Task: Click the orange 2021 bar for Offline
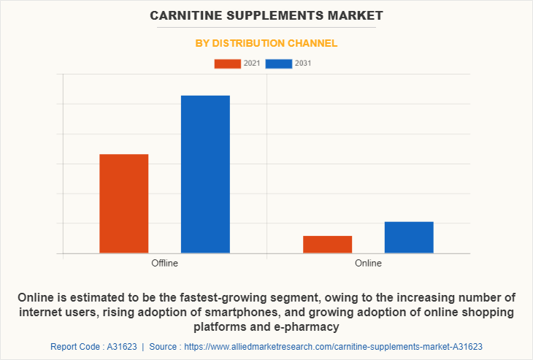click(123, 204)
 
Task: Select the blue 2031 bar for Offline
click(205, 175)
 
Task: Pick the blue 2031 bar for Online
click(409, 237)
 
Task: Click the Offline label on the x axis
click(164, 263)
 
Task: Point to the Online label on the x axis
click(368, 263)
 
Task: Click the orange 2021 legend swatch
click(227, 64)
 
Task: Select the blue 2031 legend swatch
click(279, 64)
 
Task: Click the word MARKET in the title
click(356, 15)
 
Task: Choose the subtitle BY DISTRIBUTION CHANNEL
click(266, 43)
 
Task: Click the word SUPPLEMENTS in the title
click(275, 15)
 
